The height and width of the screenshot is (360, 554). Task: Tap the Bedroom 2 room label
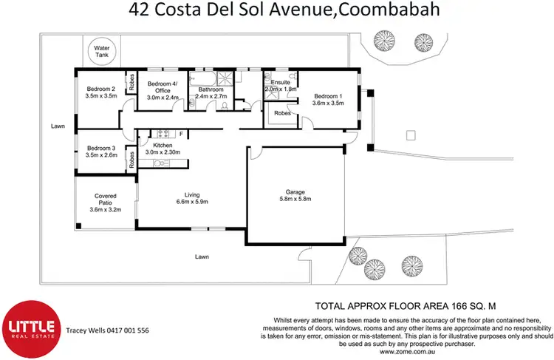(100, 91)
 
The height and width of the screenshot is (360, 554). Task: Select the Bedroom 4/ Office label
(161, 88)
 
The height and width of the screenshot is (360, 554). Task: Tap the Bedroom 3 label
(100, 151)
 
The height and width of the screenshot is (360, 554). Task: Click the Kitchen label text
(163, 146)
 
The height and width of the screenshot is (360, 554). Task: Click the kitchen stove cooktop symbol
(163, 134)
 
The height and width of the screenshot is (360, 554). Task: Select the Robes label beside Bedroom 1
(281, 114)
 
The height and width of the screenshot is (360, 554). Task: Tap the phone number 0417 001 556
(126, 330)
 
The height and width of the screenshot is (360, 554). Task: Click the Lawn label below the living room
(201, 257)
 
